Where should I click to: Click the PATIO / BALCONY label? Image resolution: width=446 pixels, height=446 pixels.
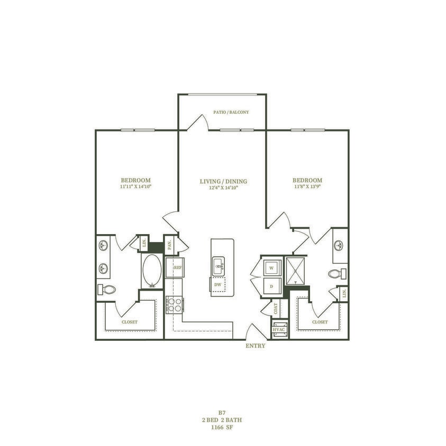coord(231,113)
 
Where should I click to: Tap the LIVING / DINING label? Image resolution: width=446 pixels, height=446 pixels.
coord(223,182)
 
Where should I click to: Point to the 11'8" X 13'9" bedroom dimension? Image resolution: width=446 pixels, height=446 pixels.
coord(307,187)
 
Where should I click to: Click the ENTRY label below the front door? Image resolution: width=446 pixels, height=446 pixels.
coord(256,346)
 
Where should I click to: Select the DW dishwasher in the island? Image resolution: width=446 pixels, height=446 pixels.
coord(217,284)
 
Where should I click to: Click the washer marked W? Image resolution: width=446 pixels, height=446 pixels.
coord(271,268)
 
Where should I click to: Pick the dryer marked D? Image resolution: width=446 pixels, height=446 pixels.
coord(271,286)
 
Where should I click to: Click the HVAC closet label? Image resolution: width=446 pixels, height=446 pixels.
coord(279,329)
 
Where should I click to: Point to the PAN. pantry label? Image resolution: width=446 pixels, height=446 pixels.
coord(170,245)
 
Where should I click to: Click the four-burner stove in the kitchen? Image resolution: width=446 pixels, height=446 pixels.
coord(174,304)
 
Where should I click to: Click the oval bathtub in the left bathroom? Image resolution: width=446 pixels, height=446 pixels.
coord(152,271)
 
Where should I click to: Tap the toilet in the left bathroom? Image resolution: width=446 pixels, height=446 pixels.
coord(107,290)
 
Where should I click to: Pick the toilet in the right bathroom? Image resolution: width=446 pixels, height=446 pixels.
coord(336,274)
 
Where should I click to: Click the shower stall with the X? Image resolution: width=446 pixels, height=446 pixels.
coord(296,271)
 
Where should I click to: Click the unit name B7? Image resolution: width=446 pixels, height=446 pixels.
coord(222,413)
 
